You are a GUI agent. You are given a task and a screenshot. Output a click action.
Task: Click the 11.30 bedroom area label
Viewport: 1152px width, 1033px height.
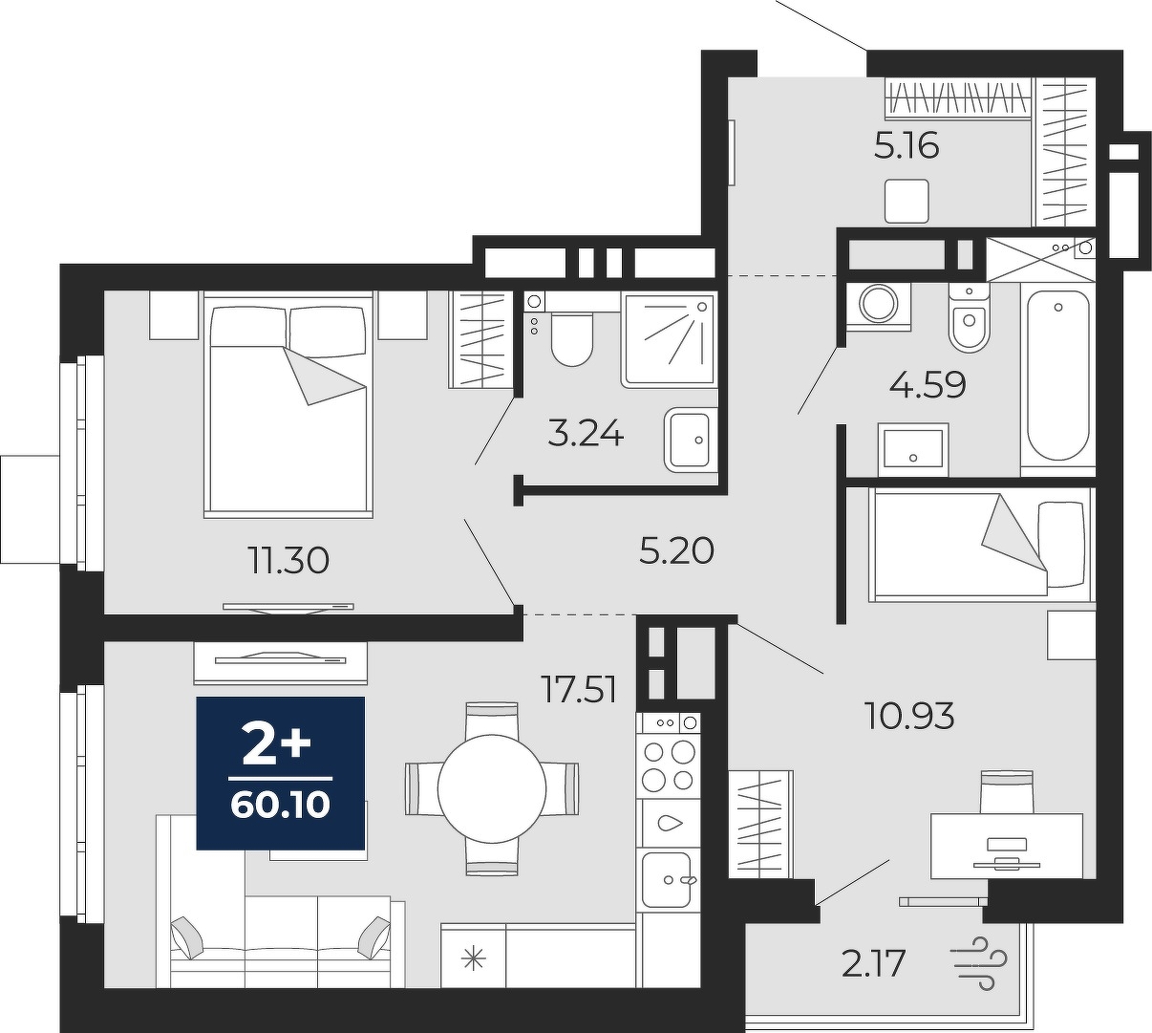[x=288, y=561]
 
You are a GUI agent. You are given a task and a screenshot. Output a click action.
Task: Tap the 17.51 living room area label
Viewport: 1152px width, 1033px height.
[x=580, y=691]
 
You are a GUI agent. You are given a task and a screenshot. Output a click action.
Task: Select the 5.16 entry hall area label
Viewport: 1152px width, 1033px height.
[x=907, y=147]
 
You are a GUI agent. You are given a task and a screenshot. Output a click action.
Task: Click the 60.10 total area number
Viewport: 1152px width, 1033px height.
[x=280, y=805]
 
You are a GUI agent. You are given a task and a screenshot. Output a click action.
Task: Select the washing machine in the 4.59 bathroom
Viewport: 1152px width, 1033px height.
[x=879, y=306]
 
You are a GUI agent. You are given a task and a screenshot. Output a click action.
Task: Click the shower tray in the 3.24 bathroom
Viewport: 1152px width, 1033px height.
[x=670, y=339]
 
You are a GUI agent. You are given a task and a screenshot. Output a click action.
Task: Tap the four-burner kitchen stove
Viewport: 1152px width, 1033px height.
[x=669, y=765]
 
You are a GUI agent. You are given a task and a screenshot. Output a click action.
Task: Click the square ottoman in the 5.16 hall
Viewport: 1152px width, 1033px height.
[x=907, y=201]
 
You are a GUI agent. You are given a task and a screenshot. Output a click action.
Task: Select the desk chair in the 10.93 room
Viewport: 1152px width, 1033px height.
[x=1007, y=792]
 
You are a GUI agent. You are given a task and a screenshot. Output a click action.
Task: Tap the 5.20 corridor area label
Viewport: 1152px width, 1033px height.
[x=676, y=551]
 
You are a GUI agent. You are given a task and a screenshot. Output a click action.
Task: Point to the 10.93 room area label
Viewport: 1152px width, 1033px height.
[x=908, y=716]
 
